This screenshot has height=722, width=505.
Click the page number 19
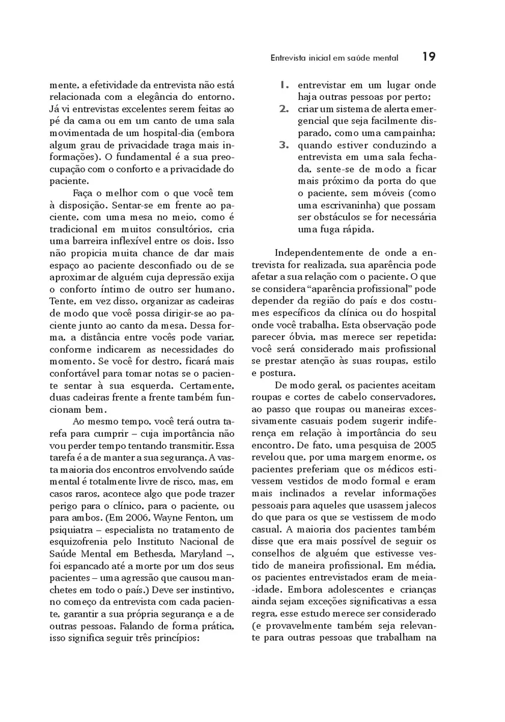tap(428, 57)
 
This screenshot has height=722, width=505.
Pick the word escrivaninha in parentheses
tap(347, 206)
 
